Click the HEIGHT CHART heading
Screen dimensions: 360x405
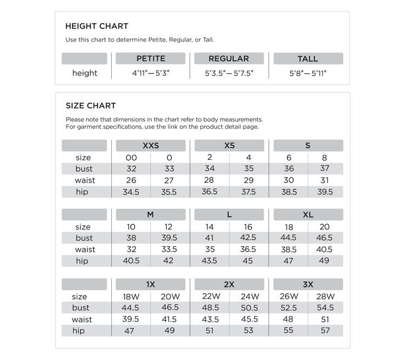[x=96, y=26]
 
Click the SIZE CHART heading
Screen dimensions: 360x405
[x=90, y=106]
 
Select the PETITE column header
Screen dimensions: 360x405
[x=151, y=58]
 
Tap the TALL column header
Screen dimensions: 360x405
[x=308, y=58]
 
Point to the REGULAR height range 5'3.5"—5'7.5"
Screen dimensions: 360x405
[x=229, y=73]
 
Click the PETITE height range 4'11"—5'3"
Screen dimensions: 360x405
[x=151, y=73]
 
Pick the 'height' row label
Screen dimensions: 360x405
[x=84, y=73]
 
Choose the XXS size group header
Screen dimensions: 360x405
[x=151, y=146]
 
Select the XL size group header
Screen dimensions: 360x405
[x=308, y=214]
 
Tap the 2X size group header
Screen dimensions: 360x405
[x=229, y=284]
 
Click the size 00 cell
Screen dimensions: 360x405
[x=131, y=158]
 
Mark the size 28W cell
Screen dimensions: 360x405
[x=325, y=296]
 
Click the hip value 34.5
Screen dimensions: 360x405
[x=131, y=192]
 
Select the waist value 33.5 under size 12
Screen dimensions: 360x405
[x=168, y=249]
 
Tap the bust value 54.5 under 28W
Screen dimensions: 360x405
[x=325, y=308]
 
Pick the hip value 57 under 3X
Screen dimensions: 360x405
[x=325, y=330]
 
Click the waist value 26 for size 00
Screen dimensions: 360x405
[x=131, y=180]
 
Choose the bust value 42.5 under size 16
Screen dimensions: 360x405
[x=248, y=238]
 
